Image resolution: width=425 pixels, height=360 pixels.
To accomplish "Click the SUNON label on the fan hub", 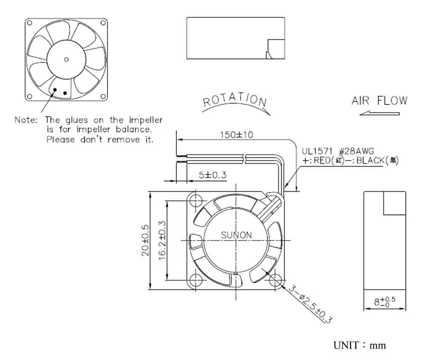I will pyautogui.click(x=236, y=235).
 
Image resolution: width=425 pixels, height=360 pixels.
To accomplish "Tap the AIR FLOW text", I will pyautogui.click(x=379, y=101).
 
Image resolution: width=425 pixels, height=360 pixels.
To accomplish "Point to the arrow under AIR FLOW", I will pyautogui.click(x=379, y=113).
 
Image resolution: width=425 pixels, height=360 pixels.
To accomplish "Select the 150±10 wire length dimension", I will pyautogui.click(x=236, y=135).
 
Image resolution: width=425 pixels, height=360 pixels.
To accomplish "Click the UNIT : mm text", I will pyautogui.click(x=360, y=345).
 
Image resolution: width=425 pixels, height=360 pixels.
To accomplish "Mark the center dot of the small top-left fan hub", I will pyautogui.click(x=66, y=59).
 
